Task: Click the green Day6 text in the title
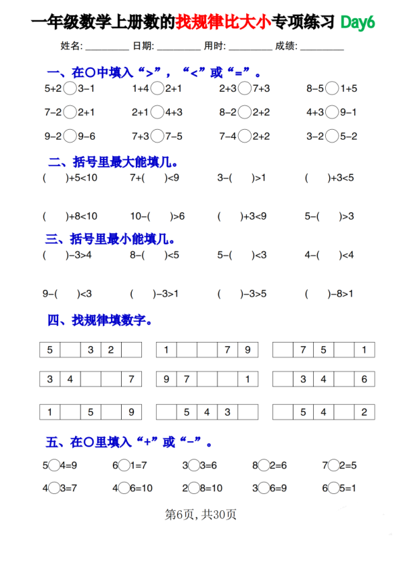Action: pos(357,22)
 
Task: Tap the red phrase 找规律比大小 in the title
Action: pos(223,22)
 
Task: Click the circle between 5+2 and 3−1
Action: pos(70,88)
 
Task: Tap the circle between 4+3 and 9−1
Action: pos(331,112)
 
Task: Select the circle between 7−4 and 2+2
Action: pos(245,137)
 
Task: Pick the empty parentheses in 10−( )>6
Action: pos(160,216)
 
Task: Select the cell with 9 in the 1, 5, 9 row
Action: pos(131,412)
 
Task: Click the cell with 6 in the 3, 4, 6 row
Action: pos(364,379)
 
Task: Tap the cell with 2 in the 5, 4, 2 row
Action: pos(364,412)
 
